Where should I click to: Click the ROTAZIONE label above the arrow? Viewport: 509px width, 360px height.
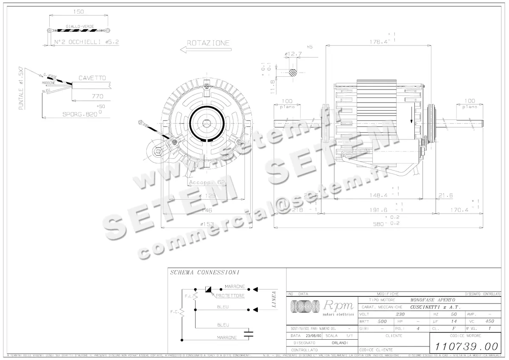208,43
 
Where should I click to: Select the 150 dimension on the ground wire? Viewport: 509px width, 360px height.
78,11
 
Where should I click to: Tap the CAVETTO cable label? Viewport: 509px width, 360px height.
92,78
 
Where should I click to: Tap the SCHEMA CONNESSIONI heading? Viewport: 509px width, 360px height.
204,273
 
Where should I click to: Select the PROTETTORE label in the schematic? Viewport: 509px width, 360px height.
230,296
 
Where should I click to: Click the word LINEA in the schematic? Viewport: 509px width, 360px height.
274,299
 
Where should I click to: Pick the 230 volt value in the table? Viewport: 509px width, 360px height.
400,315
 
